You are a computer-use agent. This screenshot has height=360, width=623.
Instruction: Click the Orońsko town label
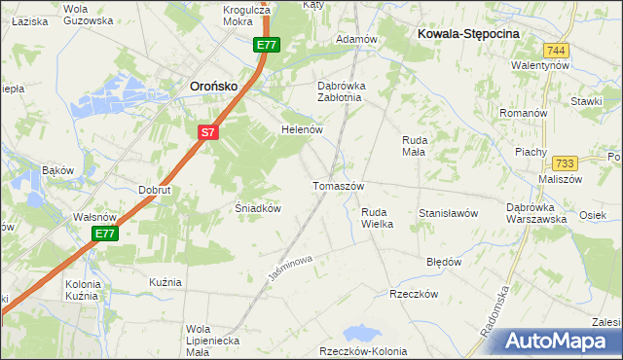point(213,86)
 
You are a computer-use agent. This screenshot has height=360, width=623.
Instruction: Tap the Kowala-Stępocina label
point(469,32)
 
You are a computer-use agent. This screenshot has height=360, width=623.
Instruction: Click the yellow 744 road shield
point(556,50)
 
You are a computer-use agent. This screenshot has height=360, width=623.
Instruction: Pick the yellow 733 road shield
point(565,163)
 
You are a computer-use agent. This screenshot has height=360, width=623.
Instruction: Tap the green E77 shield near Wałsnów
point(106,234)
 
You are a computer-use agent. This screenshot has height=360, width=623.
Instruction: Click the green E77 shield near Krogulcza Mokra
point(267,45)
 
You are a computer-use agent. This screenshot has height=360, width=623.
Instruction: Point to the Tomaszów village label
point(338,186)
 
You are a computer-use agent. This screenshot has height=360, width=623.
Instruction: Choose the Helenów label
point(301,129)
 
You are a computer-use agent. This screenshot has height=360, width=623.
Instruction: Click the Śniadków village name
point(259,208)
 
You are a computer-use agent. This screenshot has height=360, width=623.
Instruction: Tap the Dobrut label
point(155,190)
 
